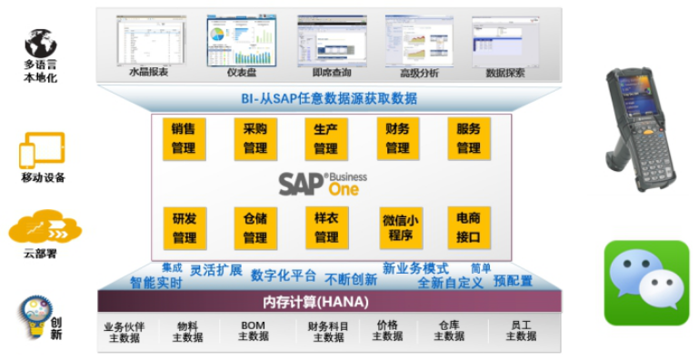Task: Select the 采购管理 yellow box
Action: pos(255,138)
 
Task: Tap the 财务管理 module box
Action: pos(397,138)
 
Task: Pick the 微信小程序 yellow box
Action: pos(400,228)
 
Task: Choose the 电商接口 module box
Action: pos(469,227)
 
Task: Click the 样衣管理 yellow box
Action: pos(326,227)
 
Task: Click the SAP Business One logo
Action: pos(317,183)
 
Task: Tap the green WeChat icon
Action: pos(646,283)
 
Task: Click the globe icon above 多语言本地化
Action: pos(41,43)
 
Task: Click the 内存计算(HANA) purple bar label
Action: pos(328,301)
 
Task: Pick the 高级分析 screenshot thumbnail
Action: pos(418,41)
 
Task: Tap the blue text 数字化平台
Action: pos(284,275)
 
